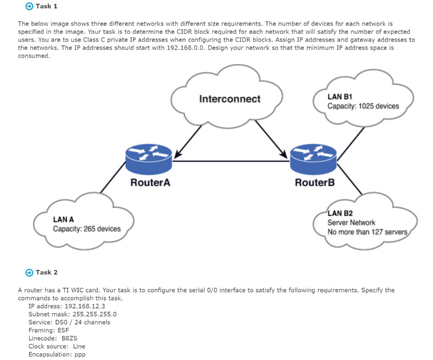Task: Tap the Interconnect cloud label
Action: tap(230, 99)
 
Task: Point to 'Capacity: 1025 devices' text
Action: tap(363, 106)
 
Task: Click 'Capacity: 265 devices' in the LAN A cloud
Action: tap(87, 229)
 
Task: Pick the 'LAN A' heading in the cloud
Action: tap(63, 219)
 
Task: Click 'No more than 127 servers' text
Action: tap(367, 232)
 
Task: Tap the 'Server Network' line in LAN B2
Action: tap(351, 223)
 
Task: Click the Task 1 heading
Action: tap(47, 6)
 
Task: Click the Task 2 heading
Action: tap(47, 272)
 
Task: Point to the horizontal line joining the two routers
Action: tap(230, 161)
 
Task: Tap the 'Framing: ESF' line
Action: tap(48, 330)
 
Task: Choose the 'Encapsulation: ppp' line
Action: tap(57, 354)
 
